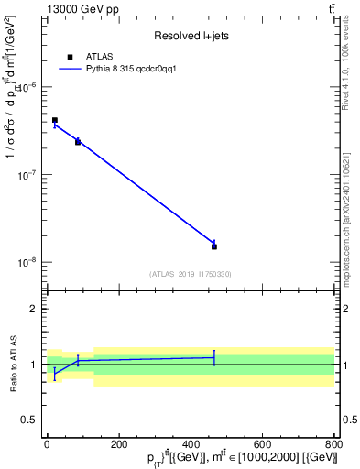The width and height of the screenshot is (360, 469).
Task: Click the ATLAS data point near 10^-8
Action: [x=214, y=246]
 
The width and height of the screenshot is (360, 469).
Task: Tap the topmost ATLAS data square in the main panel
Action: [x=55, y=120]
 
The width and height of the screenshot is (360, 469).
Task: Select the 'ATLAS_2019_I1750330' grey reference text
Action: [x=190, y=274]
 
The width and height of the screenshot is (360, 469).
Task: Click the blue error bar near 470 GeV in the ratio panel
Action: [x=214, y=357]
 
